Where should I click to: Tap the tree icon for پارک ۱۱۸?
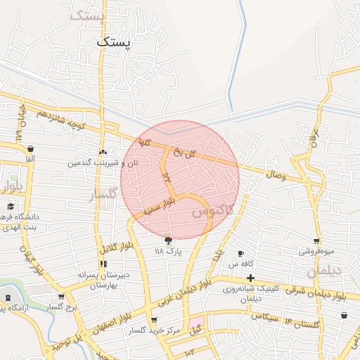167,240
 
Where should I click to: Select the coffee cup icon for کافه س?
241,253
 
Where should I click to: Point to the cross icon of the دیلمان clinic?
250,278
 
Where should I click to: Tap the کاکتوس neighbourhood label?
212,208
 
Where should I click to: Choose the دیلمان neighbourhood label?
323,271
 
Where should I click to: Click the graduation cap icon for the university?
10,206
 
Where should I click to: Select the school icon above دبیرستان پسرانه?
103,264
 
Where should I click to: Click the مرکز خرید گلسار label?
155,330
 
